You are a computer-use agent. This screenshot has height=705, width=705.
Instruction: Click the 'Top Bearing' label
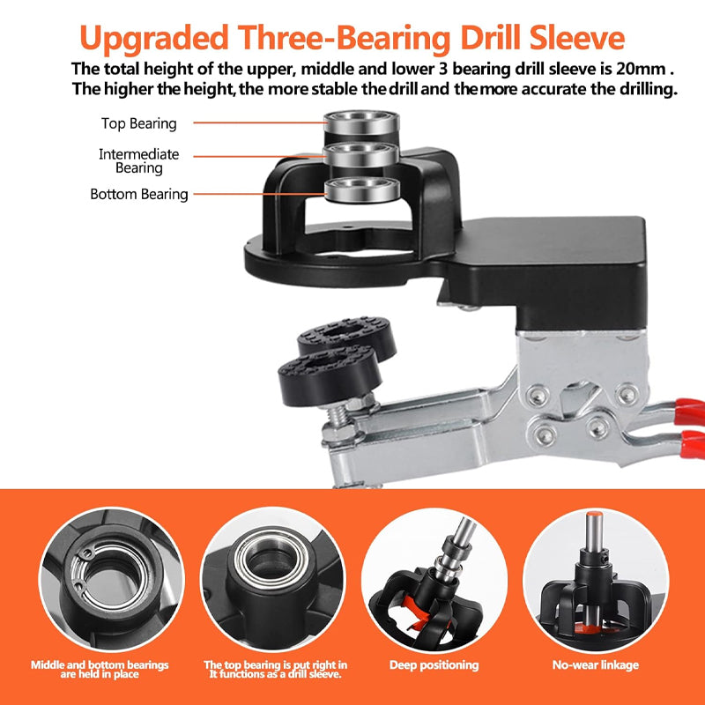coord(138,124)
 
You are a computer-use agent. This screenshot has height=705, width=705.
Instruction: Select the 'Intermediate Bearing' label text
coord(138,160)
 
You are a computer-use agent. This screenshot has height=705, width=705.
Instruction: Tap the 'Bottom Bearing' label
coord(139,194)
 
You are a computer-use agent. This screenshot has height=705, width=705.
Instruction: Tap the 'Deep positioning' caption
coord(434,665)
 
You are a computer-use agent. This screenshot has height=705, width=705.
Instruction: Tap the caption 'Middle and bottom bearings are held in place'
coord(100,669)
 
